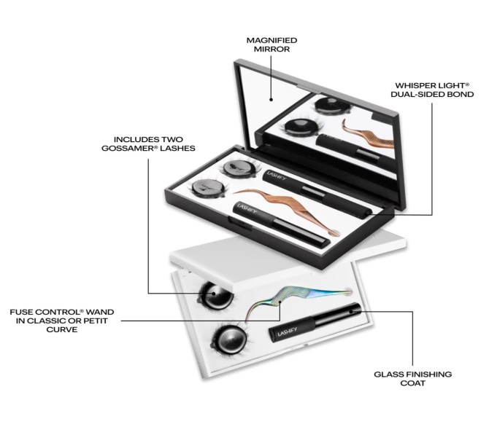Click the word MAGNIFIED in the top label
pos(272,41)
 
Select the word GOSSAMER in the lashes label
pos(128,148)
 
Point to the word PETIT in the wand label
pos(97,321)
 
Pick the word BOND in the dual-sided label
pos(461,94)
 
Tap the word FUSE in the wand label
pos(21,312)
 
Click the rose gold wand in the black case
pos(287,208)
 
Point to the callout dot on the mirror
pos(271,100)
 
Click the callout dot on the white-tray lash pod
pos(214,294)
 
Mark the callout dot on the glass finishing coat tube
pos(351,310)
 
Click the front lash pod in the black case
pos(206,188)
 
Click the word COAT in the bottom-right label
pos(412,383)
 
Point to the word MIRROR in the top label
pos(272,50)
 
